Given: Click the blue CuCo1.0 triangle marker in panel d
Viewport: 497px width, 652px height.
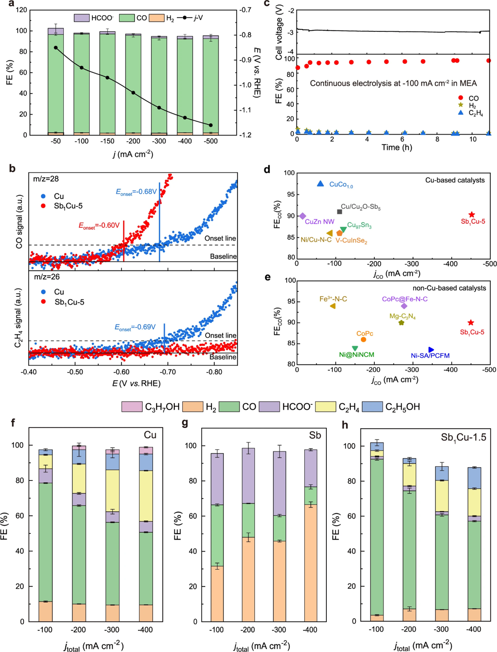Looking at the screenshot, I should click(320, 184).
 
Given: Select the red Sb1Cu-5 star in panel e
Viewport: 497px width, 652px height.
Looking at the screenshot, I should click(471, 323).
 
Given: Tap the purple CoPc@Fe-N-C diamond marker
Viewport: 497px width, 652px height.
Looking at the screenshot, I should click(404, 306).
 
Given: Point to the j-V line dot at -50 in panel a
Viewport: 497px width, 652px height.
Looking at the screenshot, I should click(56, 48).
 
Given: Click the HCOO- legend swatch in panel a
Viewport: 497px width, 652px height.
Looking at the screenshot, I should click(82, 18).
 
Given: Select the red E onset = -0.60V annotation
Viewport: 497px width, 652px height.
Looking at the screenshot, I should click(99, 225).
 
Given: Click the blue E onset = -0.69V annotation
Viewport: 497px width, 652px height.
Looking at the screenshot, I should click(135, 327).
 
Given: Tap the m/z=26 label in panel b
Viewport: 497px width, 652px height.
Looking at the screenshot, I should click(47, 277).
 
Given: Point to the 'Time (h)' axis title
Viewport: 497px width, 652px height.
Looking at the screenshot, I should click(396, 147).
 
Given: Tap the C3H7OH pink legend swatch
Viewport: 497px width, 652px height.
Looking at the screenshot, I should click(132, 407).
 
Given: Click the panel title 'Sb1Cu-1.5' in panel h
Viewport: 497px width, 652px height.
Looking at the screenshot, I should click(463, 437).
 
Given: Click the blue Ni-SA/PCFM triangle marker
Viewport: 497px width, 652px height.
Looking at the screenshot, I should click(431, 350).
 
